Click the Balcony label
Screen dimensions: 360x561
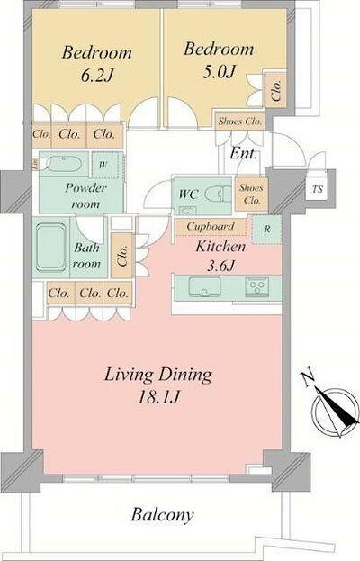[x=162, y=515]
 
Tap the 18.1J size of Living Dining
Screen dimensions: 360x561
[x=158, y=397]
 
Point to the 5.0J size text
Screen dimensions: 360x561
[x=219, y=72]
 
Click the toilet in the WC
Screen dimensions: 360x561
[x=218, y=195]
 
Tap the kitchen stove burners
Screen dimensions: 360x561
[x=256, y=285]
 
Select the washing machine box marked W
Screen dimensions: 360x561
[x=105, y=165]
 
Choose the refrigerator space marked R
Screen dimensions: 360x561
[x=266, y=230]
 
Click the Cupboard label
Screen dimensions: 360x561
[x=211, y=227]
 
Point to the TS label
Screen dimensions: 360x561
[x=318, y=189]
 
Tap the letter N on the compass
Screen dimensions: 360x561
[x=308, y=379]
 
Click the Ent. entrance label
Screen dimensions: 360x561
[x=244, y=153]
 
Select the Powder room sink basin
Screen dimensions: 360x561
[x=64, y=164]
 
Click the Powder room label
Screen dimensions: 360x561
[x=85, y=196]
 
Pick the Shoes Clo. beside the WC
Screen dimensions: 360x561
[x=252, y=194]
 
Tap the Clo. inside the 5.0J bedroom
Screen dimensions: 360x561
[x=276, y=89]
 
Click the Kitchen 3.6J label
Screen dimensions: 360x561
[x=220, y=256]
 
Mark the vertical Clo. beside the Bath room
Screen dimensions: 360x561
[x=122, y=255]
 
